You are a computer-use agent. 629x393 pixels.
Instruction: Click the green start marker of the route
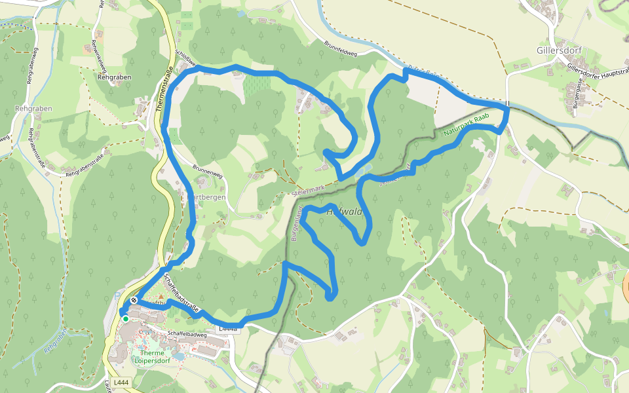click(x=125, y=319)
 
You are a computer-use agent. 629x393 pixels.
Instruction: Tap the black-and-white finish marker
click(x=134, y=300)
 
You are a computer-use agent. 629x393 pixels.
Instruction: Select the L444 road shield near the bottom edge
click(x=121, y=382)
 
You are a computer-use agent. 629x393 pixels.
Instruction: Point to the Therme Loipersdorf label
click(x=153, y=357)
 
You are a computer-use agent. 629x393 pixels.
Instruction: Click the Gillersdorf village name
click(x=559, y=50)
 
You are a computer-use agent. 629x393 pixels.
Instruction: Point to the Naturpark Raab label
click(x=467, y=126)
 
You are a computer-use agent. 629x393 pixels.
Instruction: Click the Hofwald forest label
click(x=344, y=212)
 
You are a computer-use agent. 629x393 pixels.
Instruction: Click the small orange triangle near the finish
click(x=161, y=296)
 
